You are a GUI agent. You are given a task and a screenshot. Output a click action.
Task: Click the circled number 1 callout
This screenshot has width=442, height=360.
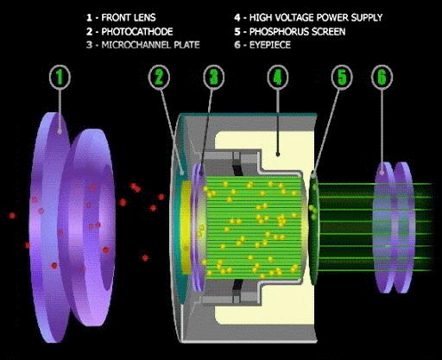click(x=60, y=77)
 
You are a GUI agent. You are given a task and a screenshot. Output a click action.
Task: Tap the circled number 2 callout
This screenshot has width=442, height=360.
click(x=159, y=77)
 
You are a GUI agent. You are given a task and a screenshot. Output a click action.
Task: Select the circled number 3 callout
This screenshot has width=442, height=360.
click(x=213, y=77)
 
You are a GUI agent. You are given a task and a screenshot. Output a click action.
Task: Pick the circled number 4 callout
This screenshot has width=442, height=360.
click(x=278, y=77)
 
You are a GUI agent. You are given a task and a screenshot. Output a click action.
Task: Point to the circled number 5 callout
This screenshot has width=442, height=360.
click(x=342, y=77)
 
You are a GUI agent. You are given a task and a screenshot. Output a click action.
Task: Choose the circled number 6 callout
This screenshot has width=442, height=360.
click(x=382, y=77)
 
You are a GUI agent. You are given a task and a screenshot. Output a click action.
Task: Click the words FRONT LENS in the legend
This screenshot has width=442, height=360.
click(x=129, y=17)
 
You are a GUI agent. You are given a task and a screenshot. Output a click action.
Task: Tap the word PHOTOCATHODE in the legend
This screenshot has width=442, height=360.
click(x=137, y=31)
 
